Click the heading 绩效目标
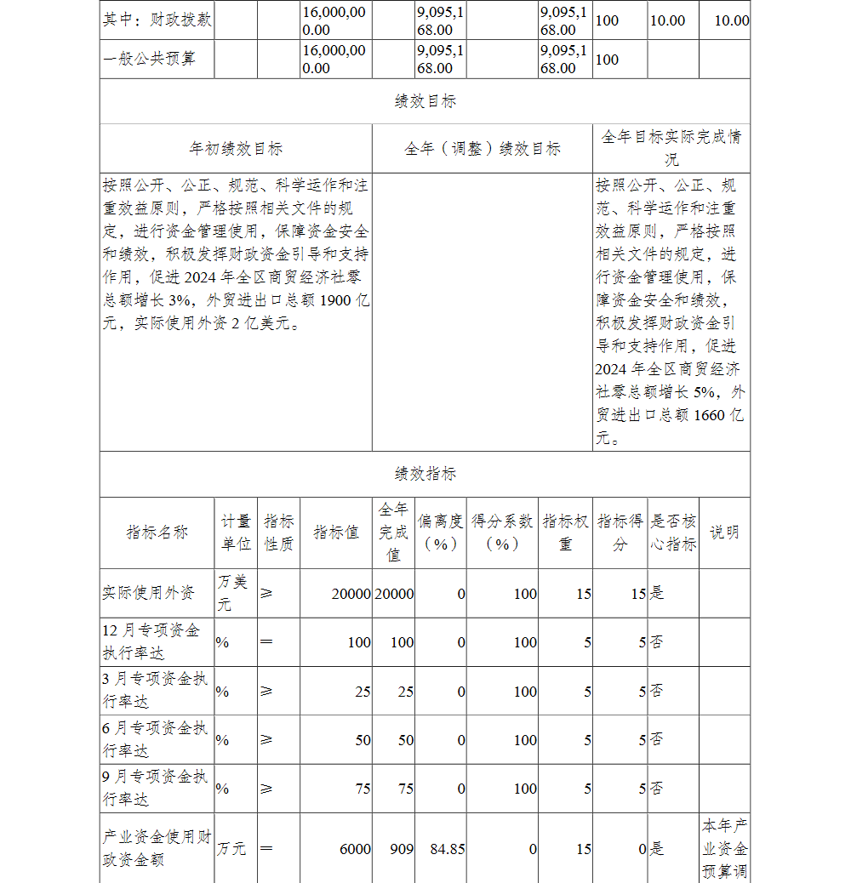tap(425, 101)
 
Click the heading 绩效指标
tap(425, 474)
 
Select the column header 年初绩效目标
tap(236, 149)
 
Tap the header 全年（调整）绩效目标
tap(482, 149)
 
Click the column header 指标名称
tap(157, 533)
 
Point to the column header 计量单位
tap(236, 533)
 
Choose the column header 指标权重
tap(565, 533)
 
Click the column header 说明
tap(724, 533)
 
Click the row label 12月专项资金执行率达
tap(151, 641)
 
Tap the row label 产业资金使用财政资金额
tap(157, 848)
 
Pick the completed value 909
tap(403, 849)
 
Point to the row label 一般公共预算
tap(149, 60)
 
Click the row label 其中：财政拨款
tap(157, 20)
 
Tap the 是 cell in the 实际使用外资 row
tap(657, 594)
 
